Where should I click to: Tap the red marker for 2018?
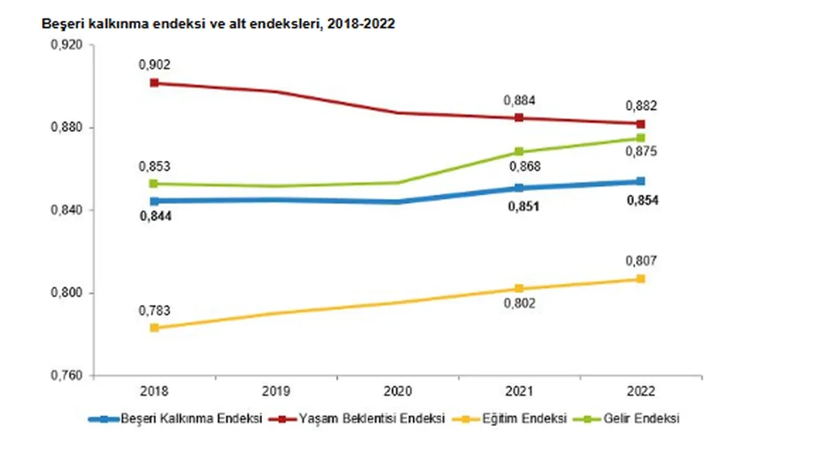pyautogui.click(x=154, y=83)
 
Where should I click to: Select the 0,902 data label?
pyautogui.click(x=154, y=65)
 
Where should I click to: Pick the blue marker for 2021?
pyautogui.click(x=519, y=188)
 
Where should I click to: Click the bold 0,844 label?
pyautogui.click(x=155, y=217)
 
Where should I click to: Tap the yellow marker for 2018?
pyautogui.click(x=154, y=328)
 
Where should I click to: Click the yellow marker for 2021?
pyautogui.click(x=519, y=288)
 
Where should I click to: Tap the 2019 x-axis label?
pyautogui.click(x=276, y=391)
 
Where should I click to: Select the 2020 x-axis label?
pyautogui.click(x=398, y=391)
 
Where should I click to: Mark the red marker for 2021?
pyautogui.click(x=519, y=118)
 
